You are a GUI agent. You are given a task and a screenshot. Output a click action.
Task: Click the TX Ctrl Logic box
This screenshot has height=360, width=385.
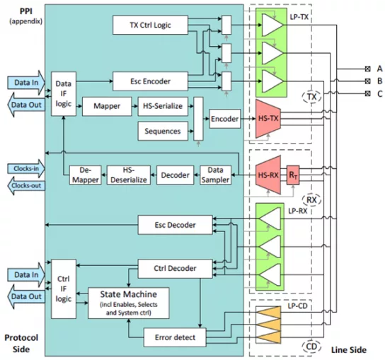[x=150, y=25]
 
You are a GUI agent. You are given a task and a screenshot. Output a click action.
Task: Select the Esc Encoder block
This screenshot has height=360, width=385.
[x=150, y=81]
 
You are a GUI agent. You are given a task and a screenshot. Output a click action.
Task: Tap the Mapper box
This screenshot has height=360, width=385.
[x=107, y=106]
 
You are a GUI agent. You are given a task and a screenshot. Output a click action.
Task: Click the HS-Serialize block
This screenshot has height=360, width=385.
[x=163, y=106]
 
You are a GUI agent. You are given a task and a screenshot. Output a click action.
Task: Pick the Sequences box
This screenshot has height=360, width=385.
[x=163, y=131]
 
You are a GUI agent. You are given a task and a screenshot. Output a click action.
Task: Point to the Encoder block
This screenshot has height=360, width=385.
[x=224, y=119]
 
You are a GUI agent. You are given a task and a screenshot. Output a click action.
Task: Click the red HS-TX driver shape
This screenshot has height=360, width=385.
[x=268, y=119]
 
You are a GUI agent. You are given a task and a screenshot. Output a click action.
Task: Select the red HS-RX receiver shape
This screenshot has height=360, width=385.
[x=268, y=175]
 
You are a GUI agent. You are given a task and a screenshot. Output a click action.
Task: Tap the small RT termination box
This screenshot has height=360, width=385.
[x=293, y=175]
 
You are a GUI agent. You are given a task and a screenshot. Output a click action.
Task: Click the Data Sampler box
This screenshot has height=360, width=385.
[x=215, y=175]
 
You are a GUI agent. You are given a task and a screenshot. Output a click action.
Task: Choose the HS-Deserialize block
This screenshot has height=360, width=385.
[x=129, y=175]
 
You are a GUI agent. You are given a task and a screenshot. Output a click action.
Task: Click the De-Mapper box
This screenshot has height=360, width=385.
[x=85, y=175]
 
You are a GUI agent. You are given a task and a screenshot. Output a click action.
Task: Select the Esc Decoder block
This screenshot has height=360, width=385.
[x=175, y=225]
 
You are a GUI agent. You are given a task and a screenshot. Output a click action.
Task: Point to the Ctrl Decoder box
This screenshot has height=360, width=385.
[x=175, y=269]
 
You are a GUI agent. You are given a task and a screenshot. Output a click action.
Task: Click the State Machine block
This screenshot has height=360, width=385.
[x=128, y=303]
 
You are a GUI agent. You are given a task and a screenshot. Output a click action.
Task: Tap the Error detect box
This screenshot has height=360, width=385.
[x=175, y=337]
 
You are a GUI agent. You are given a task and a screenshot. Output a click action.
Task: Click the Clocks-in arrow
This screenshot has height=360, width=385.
[x=26, y=168]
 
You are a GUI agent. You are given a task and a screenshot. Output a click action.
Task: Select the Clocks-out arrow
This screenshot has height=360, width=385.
[x=26, y=186]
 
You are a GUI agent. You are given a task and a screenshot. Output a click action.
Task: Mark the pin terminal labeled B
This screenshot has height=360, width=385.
[x=367, y=81]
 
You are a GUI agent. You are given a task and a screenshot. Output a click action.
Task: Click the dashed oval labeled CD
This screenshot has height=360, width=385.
[x=311, y=347]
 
